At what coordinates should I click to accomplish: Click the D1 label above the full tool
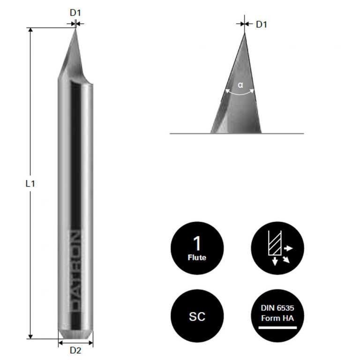click(75, 13)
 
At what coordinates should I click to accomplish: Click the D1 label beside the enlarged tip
click(261, 24)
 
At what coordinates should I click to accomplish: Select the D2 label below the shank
click(75, 350)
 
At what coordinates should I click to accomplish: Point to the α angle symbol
click(240, 85)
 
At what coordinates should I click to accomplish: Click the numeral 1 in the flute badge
click(197, 244)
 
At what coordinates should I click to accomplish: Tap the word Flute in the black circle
click(197, 257)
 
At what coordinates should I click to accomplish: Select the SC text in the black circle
click(197, 317)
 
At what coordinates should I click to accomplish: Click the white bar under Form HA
click(277, 327)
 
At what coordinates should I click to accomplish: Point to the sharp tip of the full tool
click(75, 30)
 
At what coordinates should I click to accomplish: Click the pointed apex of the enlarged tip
click(244, 33)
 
